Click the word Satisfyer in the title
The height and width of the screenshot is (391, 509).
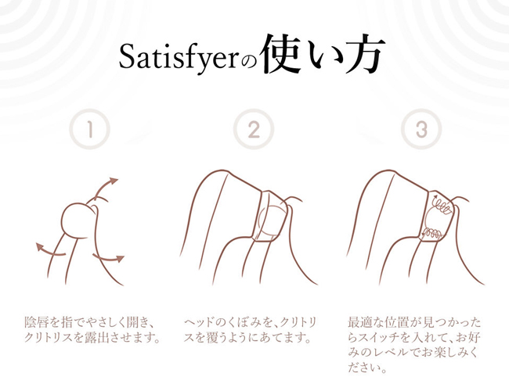pos(179,58)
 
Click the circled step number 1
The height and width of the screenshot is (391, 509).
pos(89,129)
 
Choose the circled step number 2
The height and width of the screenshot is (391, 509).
pos(254,129)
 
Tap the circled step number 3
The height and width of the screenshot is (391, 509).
pos(421,129)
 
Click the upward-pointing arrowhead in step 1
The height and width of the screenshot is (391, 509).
pos(114,181)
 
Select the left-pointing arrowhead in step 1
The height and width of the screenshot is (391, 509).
pos(40,247)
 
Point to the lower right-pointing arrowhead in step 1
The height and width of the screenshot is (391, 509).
pos(120,258)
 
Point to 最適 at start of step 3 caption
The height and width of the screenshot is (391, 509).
pos(360,322)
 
